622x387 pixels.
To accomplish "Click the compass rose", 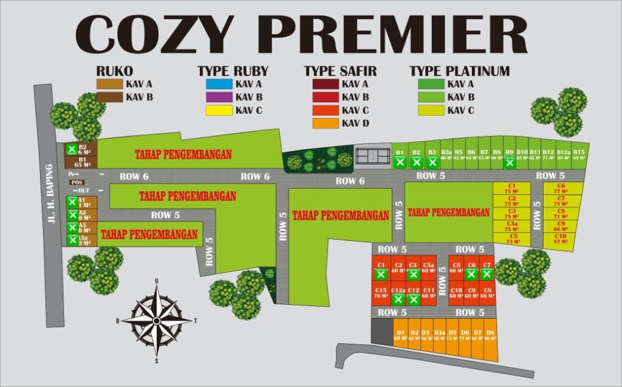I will [x=157, y=320].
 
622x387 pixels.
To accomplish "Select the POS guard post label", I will [x=77, y=182].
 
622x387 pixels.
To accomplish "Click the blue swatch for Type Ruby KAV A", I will [x=219, y=84].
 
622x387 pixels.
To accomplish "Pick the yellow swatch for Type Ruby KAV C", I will [x=219, y=110].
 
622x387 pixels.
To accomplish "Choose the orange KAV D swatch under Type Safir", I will [x=325, y=124].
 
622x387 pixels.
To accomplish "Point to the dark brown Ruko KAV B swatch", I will [x=109, y=97].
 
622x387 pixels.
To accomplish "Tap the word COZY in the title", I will [x=154, y=35].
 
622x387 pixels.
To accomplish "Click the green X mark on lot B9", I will [x=510, y=162].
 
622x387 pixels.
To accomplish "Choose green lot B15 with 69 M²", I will [x=579, y=155].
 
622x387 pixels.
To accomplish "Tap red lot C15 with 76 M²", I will [x=381, y=293].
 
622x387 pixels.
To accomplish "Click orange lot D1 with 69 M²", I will [x=400, y=335].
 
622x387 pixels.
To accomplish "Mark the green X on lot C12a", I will [x=398, y=299].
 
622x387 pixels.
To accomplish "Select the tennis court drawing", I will [x=371, y=156].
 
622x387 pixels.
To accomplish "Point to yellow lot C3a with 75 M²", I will [x=511, y=226].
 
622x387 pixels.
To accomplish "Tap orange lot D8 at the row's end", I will [x=491, y=335].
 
